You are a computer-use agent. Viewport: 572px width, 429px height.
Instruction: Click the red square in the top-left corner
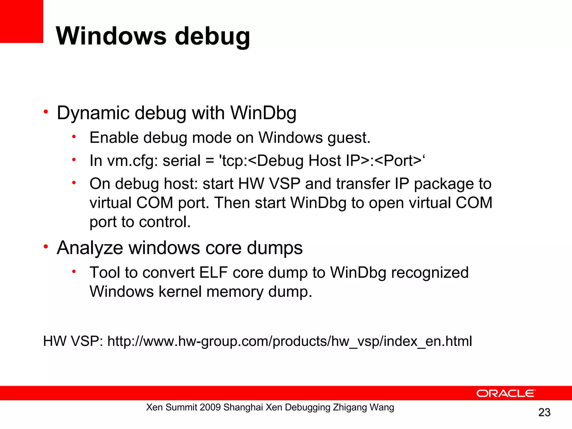coord(22,21)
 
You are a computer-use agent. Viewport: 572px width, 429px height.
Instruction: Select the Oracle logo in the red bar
coord(506,393)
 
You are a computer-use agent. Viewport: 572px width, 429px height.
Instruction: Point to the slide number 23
coord(544,412)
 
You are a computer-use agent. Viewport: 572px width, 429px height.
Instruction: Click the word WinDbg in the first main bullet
coord(263,113)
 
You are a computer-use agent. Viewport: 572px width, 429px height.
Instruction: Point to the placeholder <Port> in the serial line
coord(398,161)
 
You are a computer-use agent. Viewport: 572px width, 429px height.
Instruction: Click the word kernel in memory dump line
coord(180,292)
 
